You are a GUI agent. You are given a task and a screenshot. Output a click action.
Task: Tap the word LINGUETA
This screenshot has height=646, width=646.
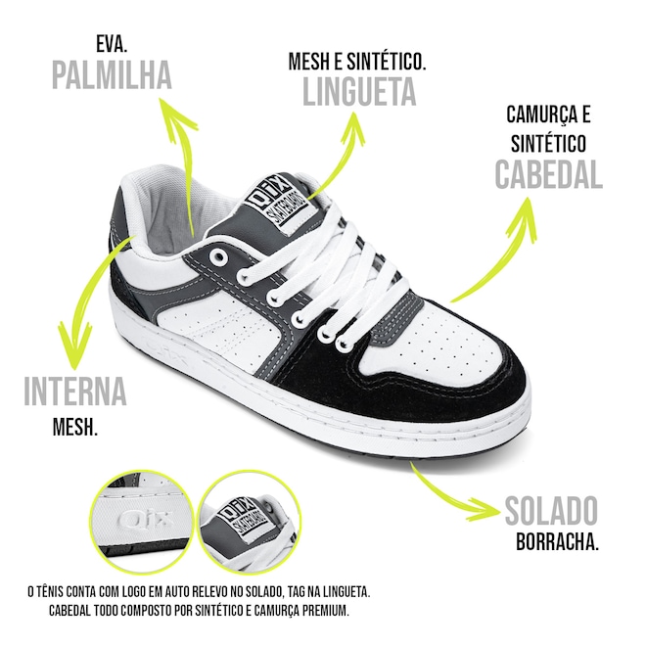pos(359,91)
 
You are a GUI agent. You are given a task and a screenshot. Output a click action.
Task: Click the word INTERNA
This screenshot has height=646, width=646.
pos(75,392)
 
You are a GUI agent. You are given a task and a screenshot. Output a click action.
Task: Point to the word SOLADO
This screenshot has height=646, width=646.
pos(551,511)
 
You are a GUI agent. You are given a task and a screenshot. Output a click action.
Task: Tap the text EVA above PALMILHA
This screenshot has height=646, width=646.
pos(114,44)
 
